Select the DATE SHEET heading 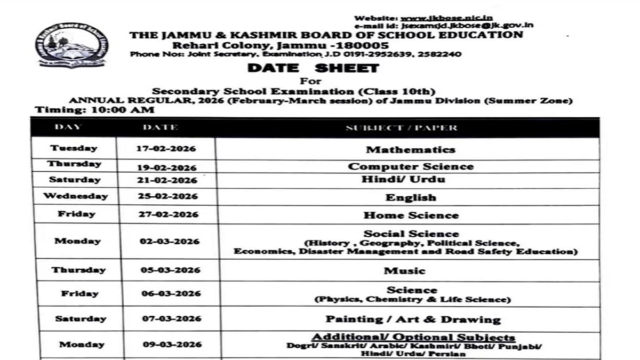(313, 68)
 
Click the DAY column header (68, 127)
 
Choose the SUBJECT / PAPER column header (401, 128)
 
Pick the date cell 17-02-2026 (167, 149)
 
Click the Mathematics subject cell (410, 150)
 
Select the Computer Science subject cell (410, 166)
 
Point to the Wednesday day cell (75, 196)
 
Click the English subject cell (411, 197)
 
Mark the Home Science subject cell (411, 215)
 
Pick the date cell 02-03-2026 (170, 242)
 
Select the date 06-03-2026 (171, 294)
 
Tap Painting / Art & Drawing (413, 319)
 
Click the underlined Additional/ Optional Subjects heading (413, 337)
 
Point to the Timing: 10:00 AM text (94, 110)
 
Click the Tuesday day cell (74, 148)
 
